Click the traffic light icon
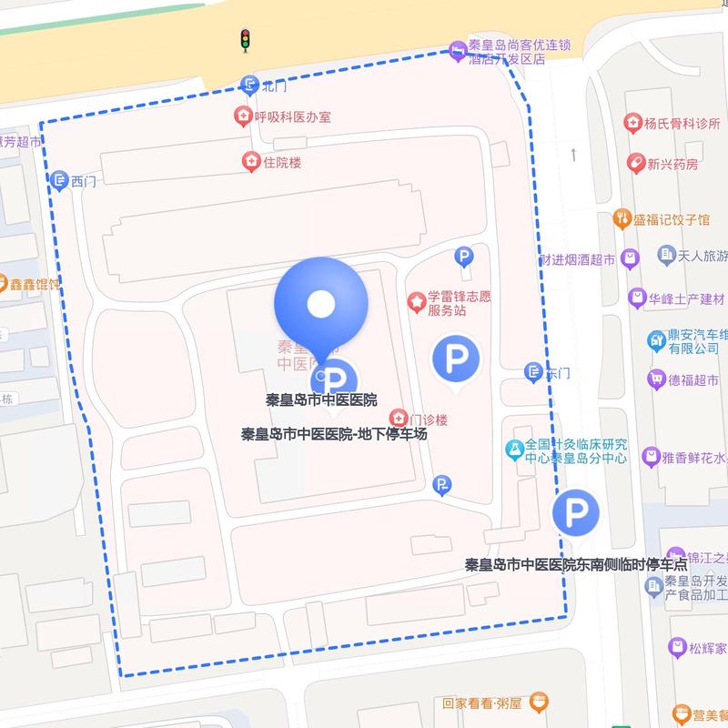244,39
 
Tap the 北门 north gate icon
249,86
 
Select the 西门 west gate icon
60,180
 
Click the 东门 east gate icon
534,371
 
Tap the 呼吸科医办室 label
292,116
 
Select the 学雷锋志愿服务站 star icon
417,298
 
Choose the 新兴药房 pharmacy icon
635,163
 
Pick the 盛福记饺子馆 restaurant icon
622,218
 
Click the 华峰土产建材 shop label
687,298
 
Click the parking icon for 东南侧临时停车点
575,513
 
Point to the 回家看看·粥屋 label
481,703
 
